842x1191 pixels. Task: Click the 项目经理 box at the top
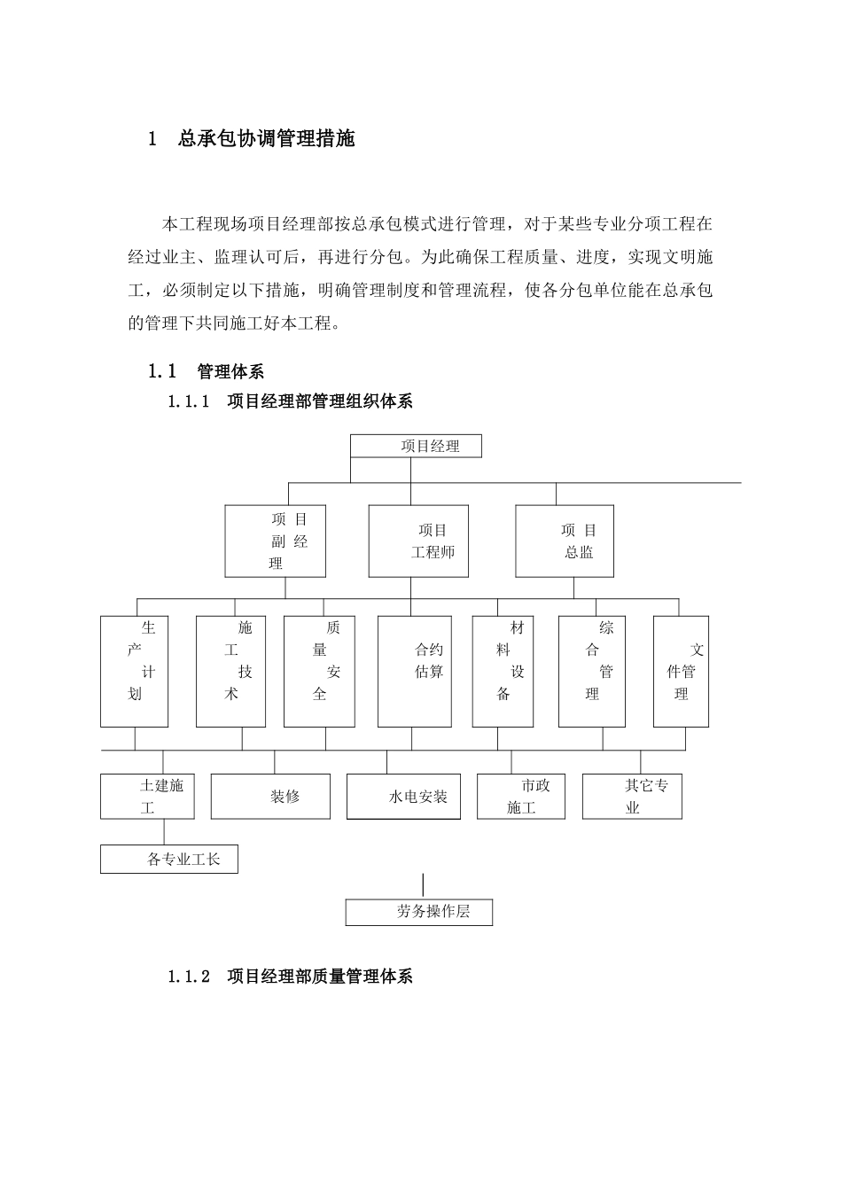pyautogui.click(x=417, y=446)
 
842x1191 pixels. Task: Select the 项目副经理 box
pyautogui.click(x=276, y=541)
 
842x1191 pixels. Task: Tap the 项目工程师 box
pyautogui.click(x=418, y=541)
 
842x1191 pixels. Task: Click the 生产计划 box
pyautogui.click(x=135, y=672)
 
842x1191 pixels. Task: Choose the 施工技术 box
pyautogui.click(x=231, y=672)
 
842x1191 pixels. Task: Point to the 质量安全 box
pyautogui.click(x=319, y=672)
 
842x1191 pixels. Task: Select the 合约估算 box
pyautogui.click(x=414, y=672)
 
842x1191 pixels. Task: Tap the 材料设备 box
pyautogui.click(x=503, y=672)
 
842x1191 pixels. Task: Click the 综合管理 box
pyautogui.click(x=592, y=672)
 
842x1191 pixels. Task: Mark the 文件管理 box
pyautogui.click(x=681, y=672)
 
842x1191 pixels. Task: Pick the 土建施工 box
pyautogui.click(x=147, y=797)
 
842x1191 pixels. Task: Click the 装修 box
pyautogui.click(x=270, y=797)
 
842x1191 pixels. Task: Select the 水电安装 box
pyautogui.click(x=403, y=797)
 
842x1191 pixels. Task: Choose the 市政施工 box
pyautogui.click(x=521, y=797)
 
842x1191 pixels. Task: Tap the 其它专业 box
pyautogui.click(x=632, y=797)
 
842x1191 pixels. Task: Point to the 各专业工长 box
pyautogui.click(x=169, y=860)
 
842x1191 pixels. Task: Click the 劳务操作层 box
pyautogui.click(x=419, y=912)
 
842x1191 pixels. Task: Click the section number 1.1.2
pyautogui.click(x=188, y=977)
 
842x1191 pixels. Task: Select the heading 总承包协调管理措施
pyautogui.click(x=266, y=139)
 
